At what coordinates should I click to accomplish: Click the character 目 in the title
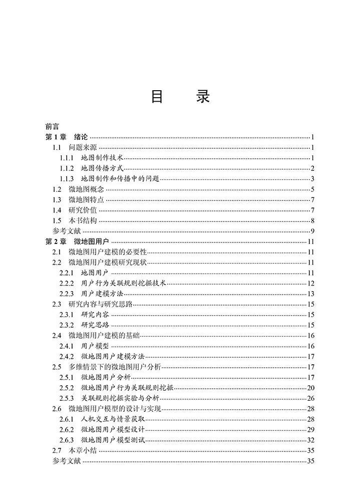(157, 97)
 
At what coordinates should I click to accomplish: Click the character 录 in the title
(203, 97)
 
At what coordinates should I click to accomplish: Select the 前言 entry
(52, 127)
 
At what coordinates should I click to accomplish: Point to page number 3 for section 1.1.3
(312, 179)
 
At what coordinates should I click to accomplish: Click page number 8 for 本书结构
(312, 220)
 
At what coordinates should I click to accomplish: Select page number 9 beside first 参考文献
(312, 231)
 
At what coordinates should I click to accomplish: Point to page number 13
(310, 294)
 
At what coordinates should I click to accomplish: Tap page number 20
(310, 388)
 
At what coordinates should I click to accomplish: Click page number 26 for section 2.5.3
(310, 398)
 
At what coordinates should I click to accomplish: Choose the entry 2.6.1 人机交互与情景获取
(104, 419)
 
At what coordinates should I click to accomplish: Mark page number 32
(310, 440)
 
